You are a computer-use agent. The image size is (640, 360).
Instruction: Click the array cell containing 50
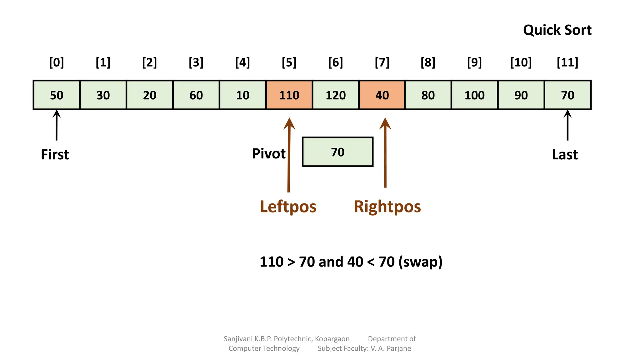pyautogui.click(x=57, y=95)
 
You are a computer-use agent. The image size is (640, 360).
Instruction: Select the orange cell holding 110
pyautogui.click(x=289, y=95)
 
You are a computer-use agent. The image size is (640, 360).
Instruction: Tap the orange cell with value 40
pyautogui.click(x=382, y=95)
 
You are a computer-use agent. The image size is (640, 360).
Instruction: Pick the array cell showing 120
pyautogui.click(x=336, y=95)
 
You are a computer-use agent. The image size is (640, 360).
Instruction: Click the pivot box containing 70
pyautogui.click(x=337, y=152)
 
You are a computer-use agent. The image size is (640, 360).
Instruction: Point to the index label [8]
pyautogui.click(x=428, y=62)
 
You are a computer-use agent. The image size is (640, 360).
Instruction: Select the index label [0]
pyautogui.click(x=57, y=62)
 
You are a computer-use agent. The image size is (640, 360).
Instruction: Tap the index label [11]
pyautogui.click(x=567, y=62)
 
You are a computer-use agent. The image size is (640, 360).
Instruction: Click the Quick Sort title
pyautogui.click(x=557, y=30)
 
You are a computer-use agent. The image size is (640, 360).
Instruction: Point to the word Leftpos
pyautogui.click(x=288, y=207)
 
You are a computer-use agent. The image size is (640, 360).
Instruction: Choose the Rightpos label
pyautogui.click(x=387, y=207)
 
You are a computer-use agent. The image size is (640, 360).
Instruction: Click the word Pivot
pyautogui.click(x=269, y=153)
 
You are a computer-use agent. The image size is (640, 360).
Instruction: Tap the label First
pyautogui.click(x=55, y=154)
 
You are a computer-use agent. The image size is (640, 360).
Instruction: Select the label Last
pyautogui.click(x=565, y=154)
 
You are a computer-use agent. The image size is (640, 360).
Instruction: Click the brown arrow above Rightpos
pyautogui.click(x=385, y=153)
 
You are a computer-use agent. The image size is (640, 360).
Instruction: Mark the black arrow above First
pyautogui.click(x=57, y=125)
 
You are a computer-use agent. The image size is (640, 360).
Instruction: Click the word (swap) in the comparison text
pyautogui.click(x=420, y=262)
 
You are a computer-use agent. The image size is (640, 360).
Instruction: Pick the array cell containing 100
pyautogui.click(x=474, y=95)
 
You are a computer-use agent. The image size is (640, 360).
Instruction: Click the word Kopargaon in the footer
pyautogui.click(x=332, y=339)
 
